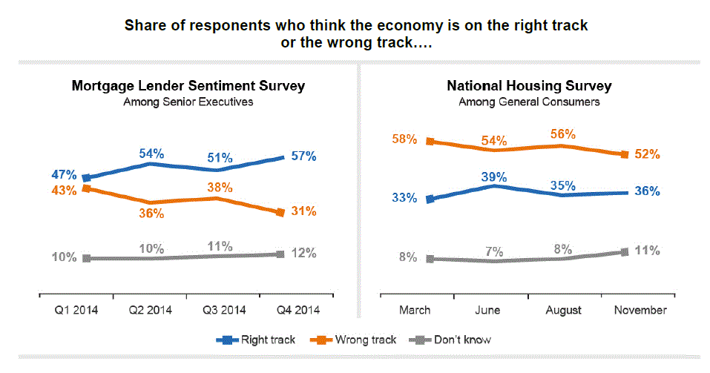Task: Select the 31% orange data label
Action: click(304, 211)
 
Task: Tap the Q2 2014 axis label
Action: click(152, 310)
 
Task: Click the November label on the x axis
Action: click(641, 310)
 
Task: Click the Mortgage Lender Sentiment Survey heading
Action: click(188, 86)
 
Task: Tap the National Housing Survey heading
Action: click(529, 86)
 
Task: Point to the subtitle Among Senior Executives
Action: click(188, 102)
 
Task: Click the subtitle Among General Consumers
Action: click(529, 102)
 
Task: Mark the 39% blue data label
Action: click(494, 176)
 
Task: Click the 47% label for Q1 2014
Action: click(65, 175)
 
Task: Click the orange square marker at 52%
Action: click(624, 154)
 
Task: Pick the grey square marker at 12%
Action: click(280, 254)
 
